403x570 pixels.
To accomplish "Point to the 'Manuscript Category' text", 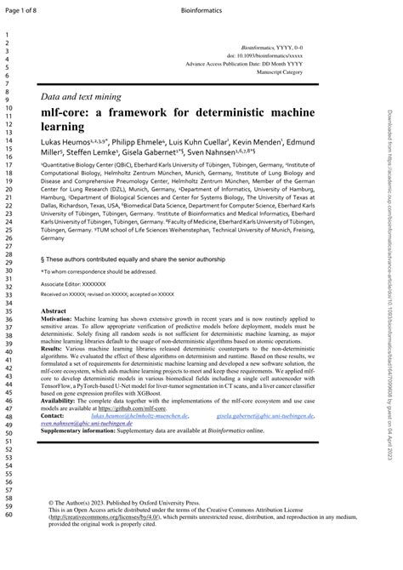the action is [280, 72].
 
